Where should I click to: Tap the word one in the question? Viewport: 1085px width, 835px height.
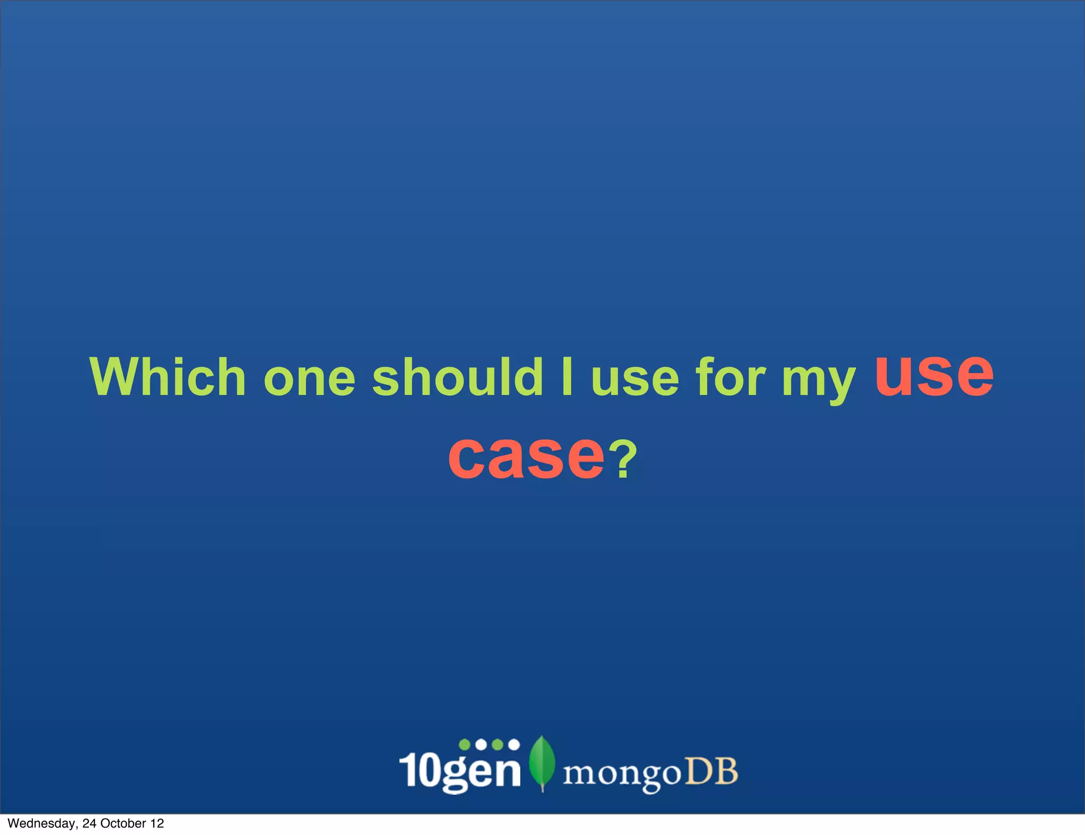[x=309, y=378]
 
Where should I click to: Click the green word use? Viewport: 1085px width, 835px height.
[x=635, y=379]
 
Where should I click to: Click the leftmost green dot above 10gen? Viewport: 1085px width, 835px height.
[x=465, y=744]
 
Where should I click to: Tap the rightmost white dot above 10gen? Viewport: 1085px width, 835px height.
[x=513, y=744]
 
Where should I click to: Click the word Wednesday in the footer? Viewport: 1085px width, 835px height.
[x=42, y=823]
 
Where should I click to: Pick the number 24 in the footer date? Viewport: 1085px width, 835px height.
[x=90, y=823]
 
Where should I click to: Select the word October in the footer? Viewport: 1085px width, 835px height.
[x=123, y=823]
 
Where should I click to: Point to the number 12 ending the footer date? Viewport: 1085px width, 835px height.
[x=157, y=823]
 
